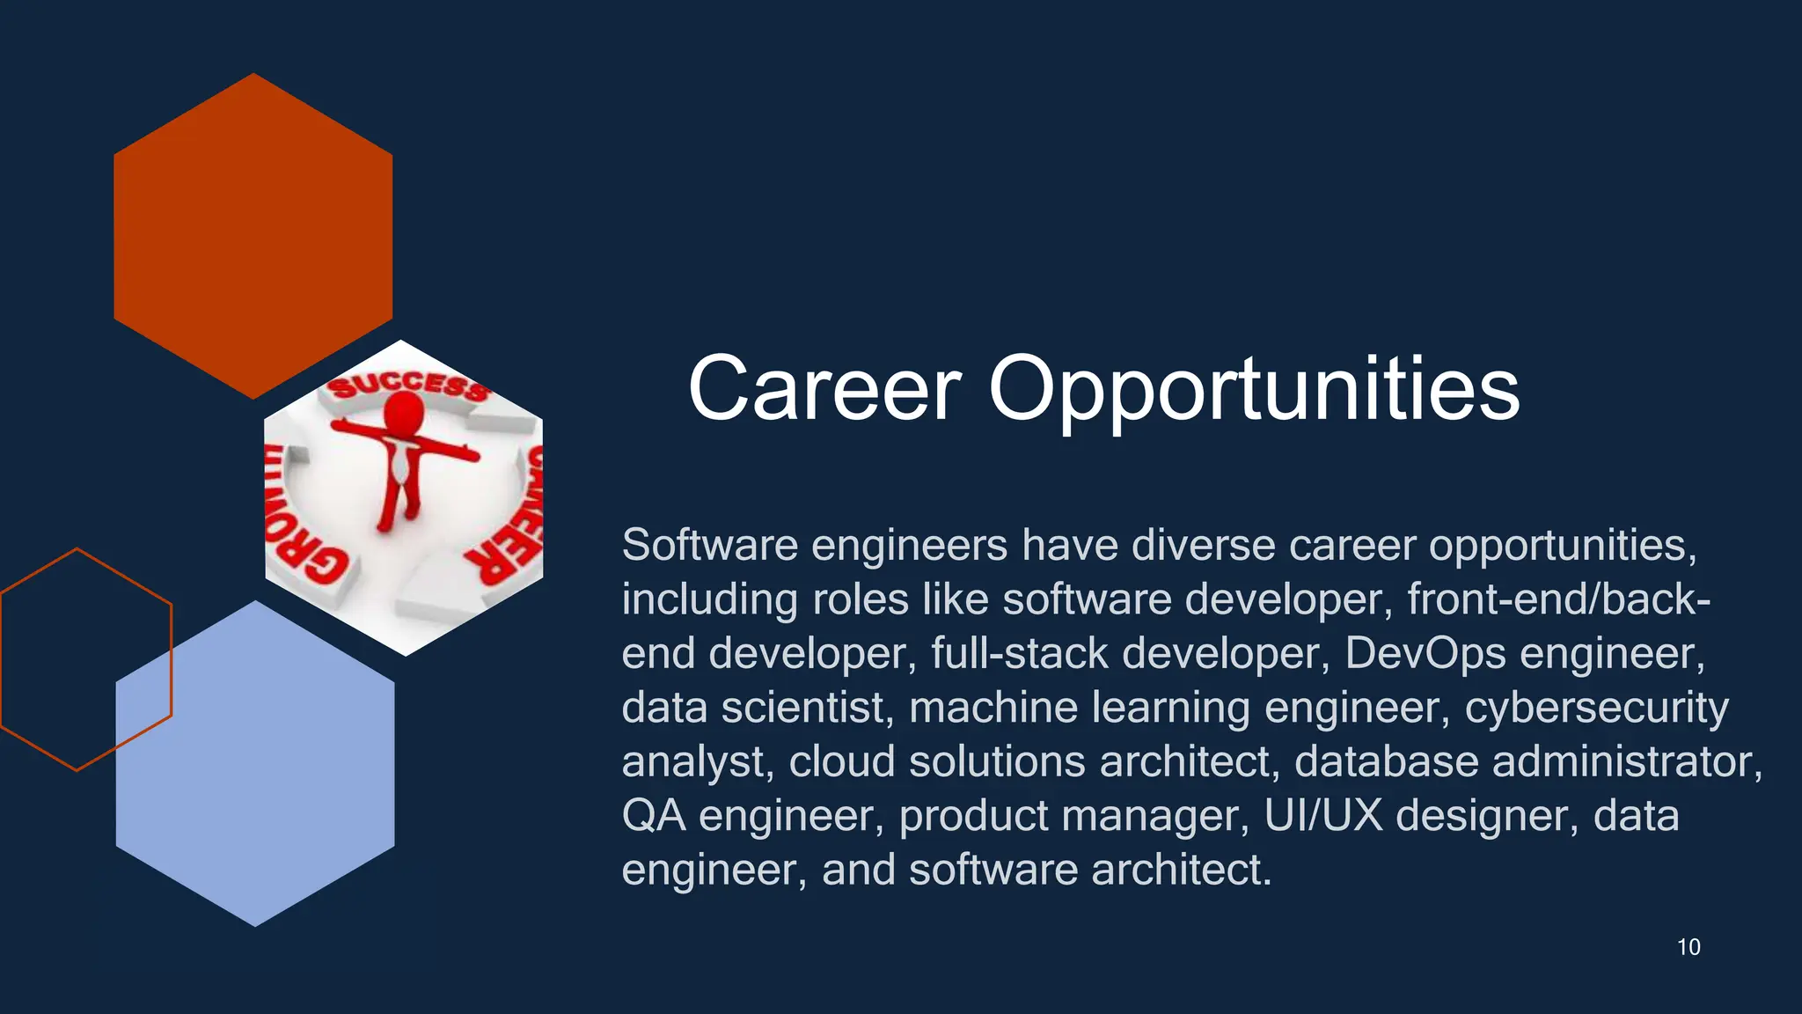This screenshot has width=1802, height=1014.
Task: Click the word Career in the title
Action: click(x=824, y=389)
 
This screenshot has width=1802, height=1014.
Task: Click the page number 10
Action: click(x=1688, y=947)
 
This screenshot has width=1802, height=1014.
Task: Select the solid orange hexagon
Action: click(x=253, y=236)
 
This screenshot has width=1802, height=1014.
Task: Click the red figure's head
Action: click(x=404, y=411)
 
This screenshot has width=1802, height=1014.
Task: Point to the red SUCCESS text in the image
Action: click(x=407, y=386)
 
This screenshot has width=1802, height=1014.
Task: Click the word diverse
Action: click(x=1203, y=545)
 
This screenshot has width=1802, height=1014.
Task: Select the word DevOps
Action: click(x=1425, y=653)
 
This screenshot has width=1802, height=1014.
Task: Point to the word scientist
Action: click(x=802, y=708)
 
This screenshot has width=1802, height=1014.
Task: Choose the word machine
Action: click(x=993, y=708)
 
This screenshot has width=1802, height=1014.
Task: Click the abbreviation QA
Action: click(x=653, y=816)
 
